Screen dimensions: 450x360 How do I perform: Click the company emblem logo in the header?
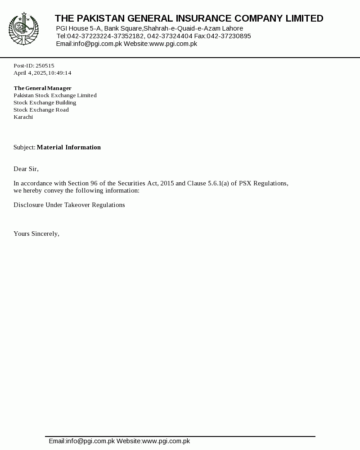point(23,29)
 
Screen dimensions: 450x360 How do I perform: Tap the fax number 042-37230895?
point(229,36)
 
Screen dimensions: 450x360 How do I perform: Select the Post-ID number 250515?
point(45,66)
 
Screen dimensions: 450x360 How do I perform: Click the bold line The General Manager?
point(42,88)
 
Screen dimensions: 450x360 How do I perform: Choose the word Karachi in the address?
point(23,117)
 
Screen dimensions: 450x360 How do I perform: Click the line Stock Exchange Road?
point(41,110)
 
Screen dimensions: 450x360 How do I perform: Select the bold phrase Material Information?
point(68,147)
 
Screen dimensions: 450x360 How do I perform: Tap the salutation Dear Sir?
point(26,169)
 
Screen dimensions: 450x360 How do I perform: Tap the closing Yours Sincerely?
point(36,234)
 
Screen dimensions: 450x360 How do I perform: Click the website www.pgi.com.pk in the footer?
point(166,441)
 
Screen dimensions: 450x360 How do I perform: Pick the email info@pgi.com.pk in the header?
point(98,44)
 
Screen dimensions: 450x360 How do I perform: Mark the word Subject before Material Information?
point(24,147)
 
